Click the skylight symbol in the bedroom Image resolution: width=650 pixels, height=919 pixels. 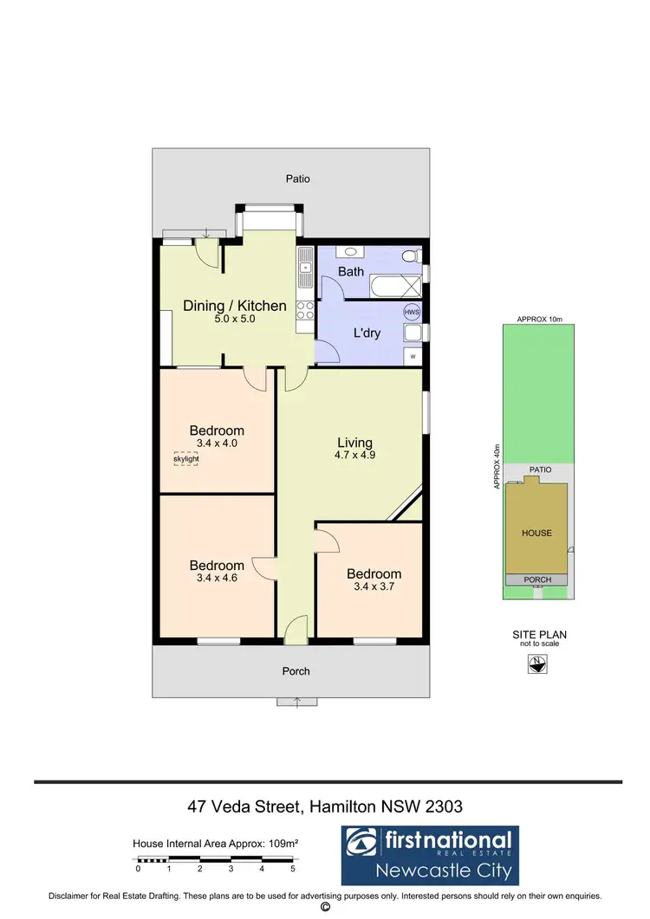pyautogui.click(x=185, y=458)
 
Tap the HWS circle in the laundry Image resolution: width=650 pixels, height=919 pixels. pyautogui.click(x=412, y=312)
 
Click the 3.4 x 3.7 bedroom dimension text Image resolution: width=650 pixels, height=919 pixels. pyautogui.click(x=374, y=586)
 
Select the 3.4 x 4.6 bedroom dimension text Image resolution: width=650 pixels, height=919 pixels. pyautogui.click(x=217, y=579)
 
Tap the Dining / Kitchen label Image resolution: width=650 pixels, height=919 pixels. pyautogui.click(x=234, y=306)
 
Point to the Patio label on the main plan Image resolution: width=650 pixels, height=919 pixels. pyautogui.click(x=297, y=179)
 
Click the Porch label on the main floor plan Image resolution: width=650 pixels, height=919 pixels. pyautogui.click(x=296, y=671)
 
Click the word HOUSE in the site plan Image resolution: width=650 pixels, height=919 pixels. pyautogui.click(x=536, y=533)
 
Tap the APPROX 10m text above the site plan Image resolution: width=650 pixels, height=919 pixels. pyautogui.click(x=539, y=320)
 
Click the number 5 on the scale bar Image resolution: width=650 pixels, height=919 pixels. pyautogui.click(x=293, y=869)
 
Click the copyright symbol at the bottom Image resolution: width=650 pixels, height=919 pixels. pyautogui.click(x=325, y=908)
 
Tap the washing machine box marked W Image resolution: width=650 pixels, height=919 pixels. pyautogui.click(x=413, y=356)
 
